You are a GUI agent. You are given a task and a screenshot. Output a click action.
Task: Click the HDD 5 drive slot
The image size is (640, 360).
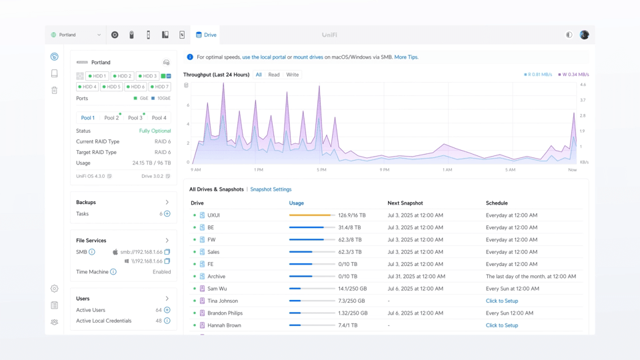coord(113,87)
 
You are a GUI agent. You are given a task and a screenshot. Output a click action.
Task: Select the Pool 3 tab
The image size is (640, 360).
coord(135,118)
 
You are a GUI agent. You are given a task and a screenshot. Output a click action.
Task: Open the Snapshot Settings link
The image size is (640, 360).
coord(271,189)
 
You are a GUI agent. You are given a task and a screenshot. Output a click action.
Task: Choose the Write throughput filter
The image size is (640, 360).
coord(293,75)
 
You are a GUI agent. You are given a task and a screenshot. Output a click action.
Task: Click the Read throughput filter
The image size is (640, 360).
coord(274,75)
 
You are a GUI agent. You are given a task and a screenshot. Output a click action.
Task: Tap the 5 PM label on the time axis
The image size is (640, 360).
coord(321,170)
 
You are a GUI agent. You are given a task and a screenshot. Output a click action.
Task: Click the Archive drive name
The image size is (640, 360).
coord(216,277)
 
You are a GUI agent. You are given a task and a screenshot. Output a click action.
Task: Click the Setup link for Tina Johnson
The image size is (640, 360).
coord(502,301)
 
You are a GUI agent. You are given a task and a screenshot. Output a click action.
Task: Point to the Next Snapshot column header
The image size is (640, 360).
coord(405,203)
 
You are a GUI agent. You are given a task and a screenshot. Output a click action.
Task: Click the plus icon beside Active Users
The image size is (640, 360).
coord(167,310)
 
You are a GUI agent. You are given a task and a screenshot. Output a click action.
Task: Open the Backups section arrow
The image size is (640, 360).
coord(167,202)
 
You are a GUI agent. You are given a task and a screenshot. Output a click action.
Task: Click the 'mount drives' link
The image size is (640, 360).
coord(308,57)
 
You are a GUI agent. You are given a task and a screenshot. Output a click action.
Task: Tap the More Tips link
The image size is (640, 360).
coord(406,57)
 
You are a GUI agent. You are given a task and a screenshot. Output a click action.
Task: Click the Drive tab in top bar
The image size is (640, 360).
coord(206,35)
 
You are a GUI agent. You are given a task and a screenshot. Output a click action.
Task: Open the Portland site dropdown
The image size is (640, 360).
coord(76,35)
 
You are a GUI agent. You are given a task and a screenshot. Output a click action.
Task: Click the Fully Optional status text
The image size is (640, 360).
coord(155,131)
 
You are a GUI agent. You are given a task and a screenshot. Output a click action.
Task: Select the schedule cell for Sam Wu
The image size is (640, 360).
coord(512,289)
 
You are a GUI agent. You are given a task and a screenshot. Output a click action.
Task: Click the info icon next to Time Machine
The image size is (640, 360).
coord(113,272)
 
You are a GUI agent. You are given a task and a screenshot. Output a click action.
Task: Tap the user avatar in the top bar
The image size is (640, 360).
coord(584,35)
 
